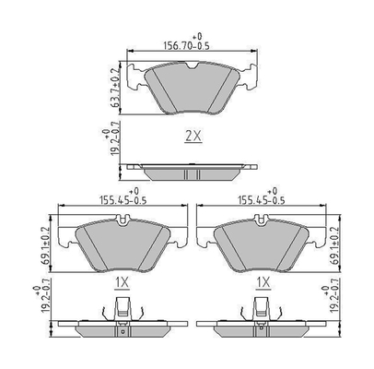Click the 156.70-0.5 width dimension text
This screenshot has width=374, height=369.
tap(186, 46)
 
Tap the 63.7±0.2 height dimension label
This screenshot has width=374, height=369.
tap(115, 88)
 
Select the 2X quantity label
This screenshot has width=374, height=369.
tap(193, 136)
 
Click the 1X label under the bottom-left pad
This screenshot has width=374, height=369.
tap(123, 283)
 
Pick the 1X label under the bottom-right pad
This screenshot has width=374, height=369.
tap(263, 282)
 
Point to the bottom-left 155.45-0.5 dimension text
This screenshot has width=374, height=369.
tap(123, 200)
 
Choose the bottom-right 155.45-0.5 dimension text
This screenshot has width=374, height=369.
tap(262, 200)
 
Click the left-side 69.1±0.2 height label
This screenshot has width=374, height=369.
tap(45, 246)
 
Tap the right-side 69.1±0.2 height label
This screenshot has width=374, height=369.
tap(333, 246)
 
